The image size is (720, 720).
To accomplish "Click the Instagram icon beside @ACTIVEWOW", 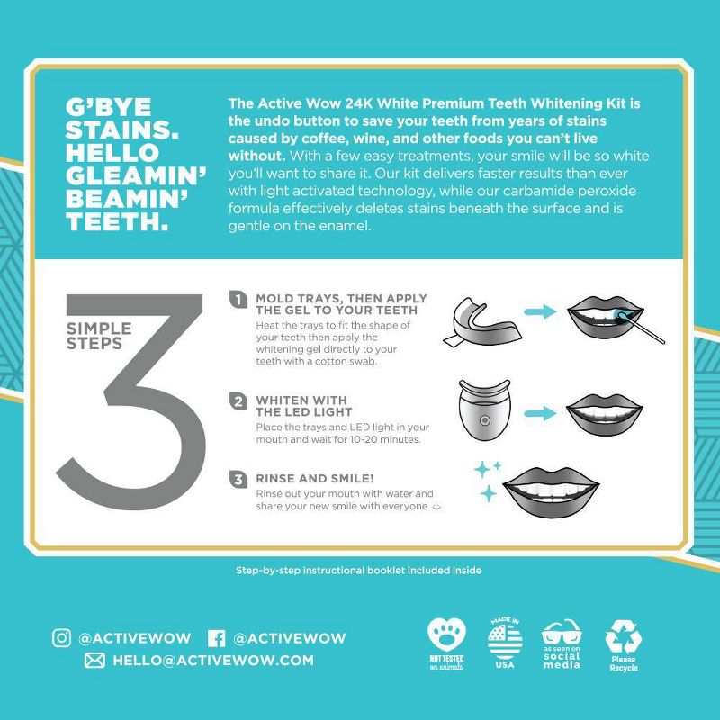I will pos(61,638).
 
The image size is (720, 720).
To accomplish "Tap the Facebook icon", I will pos(216,638).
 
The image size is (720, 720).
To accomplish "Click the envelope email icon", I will pos(94,661).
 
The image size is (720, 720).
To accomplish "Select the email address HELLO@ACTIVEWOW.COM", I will pos(213,661).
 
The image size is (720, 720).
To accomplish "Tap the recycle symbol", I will pos(623,639).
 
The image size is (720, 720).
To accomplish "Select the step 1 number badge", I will pos(239,300).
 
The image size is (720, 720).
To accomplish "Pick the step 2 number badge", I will pos(239,401).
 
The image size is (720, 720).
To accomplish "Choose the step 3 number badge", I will pos(239,480).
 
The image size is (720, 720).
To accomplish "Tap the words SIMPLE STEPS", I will pos(98,335).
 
